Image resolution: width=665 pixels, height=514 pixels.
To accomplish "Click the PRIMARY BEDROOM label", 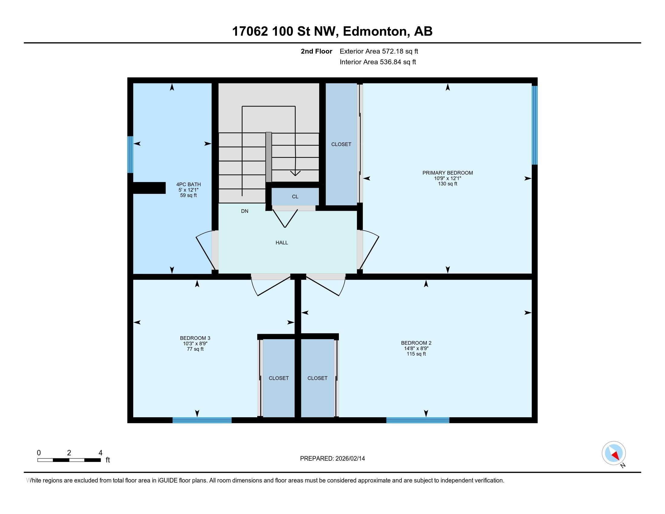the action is coord(447,173).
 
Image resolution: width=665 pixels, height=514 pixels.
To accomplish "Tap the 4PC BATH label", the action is coord(189,184).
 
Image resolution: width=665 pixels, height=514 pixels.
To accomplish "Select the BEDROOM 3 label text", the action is coord(195,338).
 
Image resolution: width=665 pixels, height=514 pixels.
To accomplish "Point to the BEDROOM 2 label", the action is coord(416,343).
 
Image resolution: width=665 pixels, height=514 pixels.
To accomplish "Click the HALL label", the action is coord(282,243).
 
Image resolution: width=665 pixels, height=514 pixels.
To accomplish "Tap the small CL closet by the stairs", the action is coord(295,197).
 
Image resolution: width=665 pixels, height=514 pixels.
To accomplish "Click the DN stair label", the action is coord(245,211).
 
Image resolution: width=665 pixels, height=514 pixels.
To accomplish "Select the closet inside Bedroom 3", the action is coord(279,378).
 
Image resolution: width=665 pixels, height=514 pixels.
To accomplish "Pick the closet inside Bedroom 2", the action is coord(317,378).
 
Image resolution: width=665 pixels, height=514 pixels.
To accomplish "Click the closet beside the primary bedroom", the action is coord(341,144).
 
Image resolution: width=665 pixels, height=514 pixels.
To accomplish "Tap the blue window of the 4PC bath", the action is coord(130,155).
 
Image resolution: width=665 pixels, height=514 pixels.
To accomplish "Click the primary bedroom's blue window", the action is coord(535,125).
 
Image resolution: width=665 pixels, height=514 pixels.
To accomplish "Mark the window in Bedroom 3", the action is coord(202,420).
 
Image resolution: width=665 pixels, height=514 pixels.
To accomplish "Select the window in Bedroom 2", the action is coord(418,420).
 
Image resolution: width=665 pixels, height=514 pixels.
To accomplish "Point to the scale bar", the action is coord(69,460).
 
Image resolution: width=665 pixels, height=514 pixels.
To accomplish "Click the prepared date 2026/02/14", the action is coord(350,459).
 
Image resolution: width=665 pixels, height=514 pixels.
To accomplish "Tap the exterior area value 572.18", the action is coord(392,51).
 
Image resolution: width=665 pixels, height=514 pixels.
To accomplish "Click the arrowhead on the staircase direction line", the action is coord(295,173).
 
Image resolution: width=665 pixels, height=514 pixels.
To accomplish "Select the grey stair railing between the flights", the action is coord(268,157).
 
